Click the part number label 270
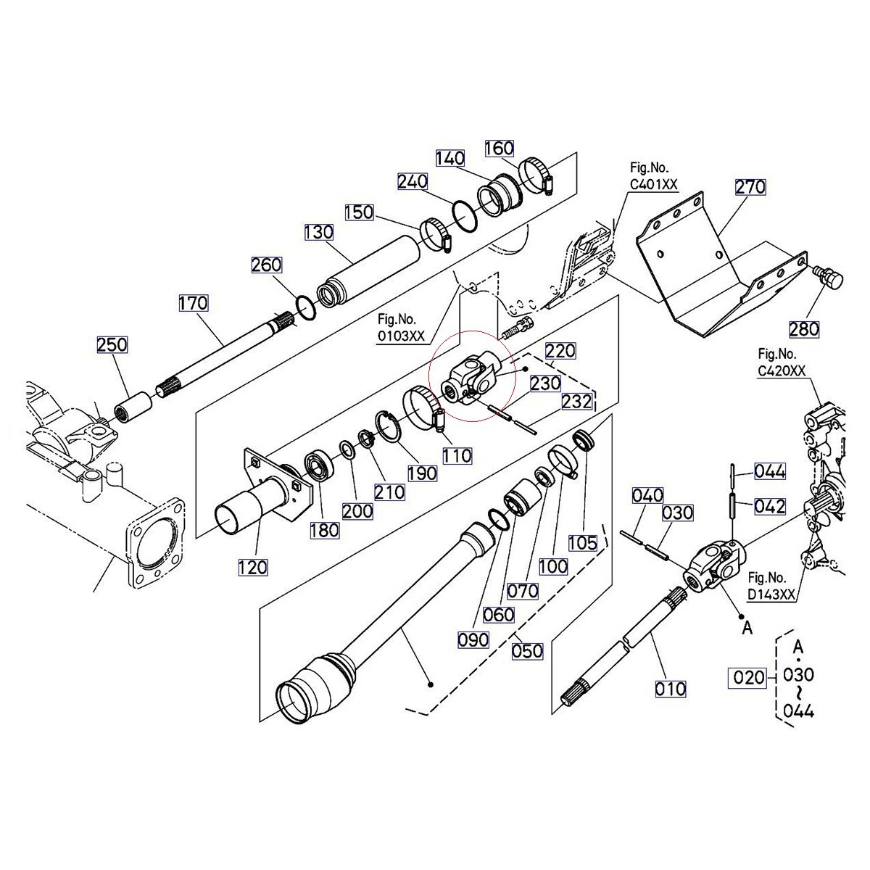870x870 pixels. [x=750, y=187]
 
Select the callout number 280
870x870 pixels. [x=804, y=328]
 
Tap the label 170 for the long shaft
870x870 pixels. [x=194, y=302]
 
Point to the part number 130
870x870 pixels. [x=318, y=232]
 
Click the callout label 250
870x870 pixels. [x=112, y=345]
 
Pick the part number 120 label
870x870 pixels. [x=253, y=566]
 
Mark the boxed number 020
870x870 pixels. [x=748, y=677]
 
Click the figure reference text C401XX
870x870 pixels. [x=653, y=185]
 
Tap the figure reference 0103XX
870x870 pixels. [x=401, y=337]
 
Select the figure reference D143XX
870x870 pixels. [x=772, y=595]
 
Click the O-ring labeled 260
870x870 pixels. [x=306, y=307]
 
